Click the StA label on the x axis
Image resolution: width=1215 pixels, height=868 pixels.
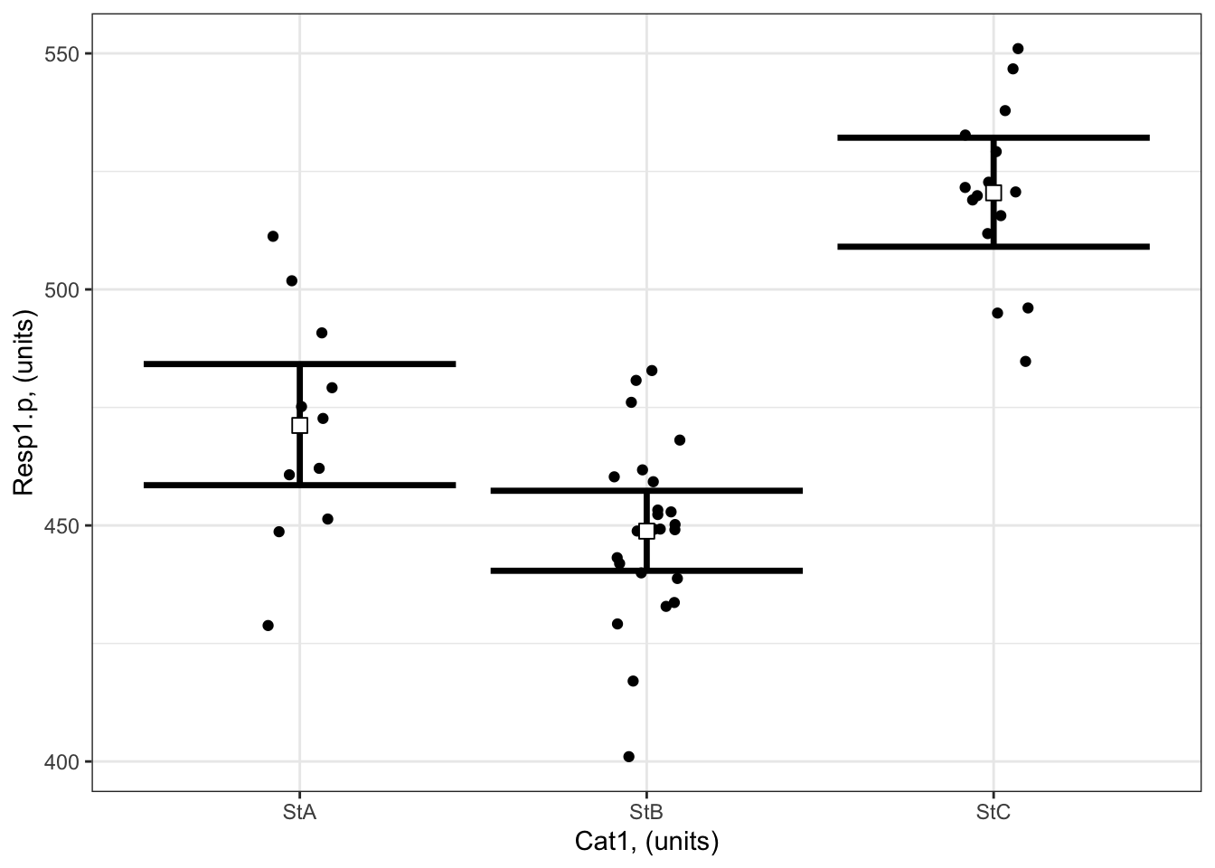tap(299, 812)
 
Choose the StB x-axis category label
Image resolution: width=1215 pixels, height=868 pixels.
tap(646, 812)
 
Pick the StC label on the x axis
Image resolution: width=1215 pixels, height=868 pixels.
tap(994, 812)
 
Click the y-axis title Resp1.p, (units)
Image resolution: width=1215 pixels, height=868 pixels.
tap(24, 404)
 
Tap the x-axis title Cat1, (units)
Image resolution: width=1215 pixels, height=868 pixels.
tap(646, 843)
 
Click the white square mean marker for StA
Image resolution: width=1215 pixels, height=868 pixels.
tap(299, 425)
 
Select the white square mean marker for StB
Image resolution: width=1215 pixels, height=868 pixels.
tap(646, 531)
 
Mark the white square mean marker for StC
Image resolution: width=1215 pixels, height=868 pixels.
tap(994, 192)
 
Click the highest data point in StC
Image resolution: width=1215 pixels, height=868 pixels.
tap(1018, 49)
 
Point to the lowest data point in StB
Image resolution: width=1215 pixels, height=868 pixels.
tap(629, 757)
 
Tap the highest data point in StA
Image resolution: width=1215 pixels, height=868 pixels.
tap(273, 236)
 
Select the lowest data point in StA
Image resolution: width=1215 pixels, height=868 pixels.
tap(268, 626)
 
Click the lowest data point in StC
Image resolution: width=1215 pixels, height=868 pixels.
tap(1025, 362)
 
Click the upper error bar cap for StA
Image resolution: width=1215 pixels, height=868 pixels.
tap(299, 363)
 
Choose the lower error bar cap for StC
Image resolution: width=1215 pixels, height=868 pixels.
tap(994, 247)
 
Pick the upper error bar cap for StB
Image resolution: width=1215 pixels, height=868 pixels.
tap(646, 491)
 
